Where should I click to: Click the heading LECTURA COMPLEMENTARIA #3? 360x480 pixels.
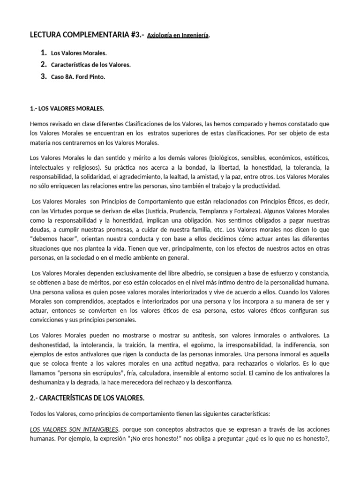click(86, 34)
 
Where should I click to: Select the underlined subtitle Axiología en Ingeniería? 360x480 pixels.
click(178, 35)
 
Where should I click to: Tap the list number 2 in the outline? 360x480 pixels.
click(43, 64)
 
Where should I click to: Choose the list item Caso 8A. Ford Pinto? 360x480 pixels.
click(78, 76)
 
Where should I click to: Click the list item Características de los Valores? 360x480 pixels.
click(90, 65)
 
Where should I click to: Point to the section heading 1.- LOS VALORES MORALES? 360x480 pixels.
click(67, 109)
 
